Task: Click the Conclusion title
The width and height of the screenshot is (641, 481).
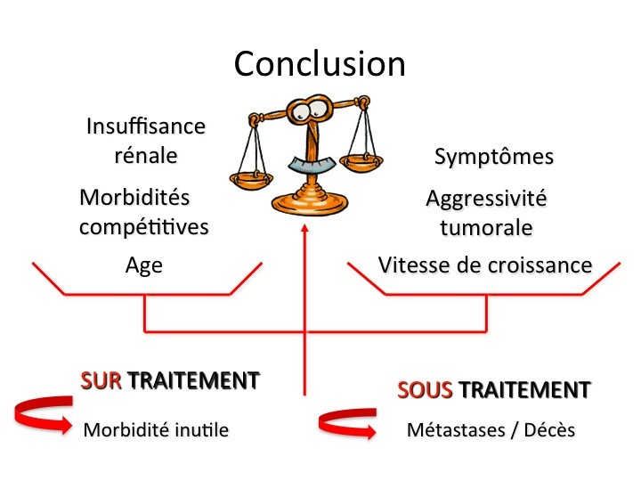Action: point(320,63)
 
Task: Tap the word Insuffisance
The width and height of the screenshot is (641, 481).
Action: point(146,126)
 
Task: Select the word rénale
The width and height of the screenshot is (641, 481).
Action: point(146,155)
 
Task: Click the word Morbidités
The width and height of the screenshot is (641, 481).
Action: point(134,197)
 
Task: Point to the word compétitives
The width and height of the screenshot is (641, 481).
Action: point(144,226)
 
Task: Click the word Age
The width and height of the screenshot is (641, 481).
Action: point(144,265)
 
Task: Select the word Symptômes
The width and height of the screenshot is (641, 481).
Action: point(494,157)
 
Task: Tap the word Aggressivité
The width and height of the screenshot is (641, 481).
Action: point(486,198)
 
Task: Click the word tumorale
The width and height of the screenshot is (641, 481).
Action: point(486,227)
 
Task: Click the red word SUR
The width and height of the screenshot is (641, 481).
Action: point(101,381)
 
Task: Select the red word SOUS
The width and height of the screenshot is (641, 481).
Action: point(424,389)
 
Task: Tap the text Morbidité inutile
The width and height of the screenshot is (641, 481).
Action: point(156,430)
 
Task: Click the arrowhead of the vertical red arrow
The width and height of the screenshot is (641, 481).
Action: point(305,230)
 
